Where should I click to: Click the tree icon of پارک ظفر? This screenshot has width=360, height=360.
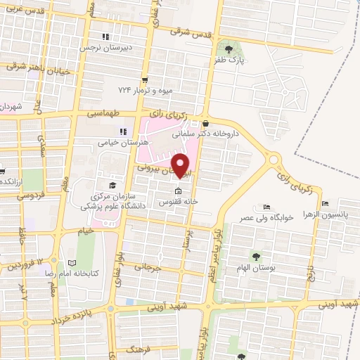229,49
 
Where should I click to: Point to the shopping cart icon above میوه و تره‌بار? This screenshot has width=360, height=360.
144,79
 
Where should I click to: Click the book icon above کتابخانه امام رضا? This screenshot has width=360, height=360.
71,259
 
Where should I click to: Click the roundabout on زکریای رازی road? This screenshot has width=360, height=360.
274,160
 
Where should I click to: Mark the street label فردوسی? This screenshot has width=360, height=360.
30,195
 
